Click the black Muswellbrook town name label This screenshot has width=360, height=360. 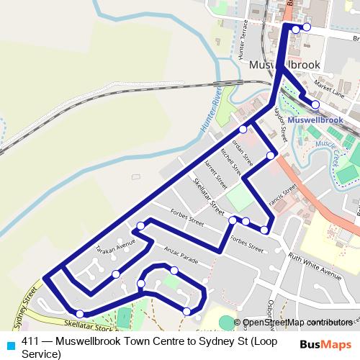click(x=284, y=65)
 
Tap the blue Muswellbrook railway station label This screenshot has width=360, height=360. click(x=315, y=119)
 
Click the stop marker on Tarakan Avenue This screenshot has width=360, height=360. click(x=116, y=274)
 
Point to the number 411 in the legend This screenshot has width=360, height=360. click(x=30, y=342)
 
